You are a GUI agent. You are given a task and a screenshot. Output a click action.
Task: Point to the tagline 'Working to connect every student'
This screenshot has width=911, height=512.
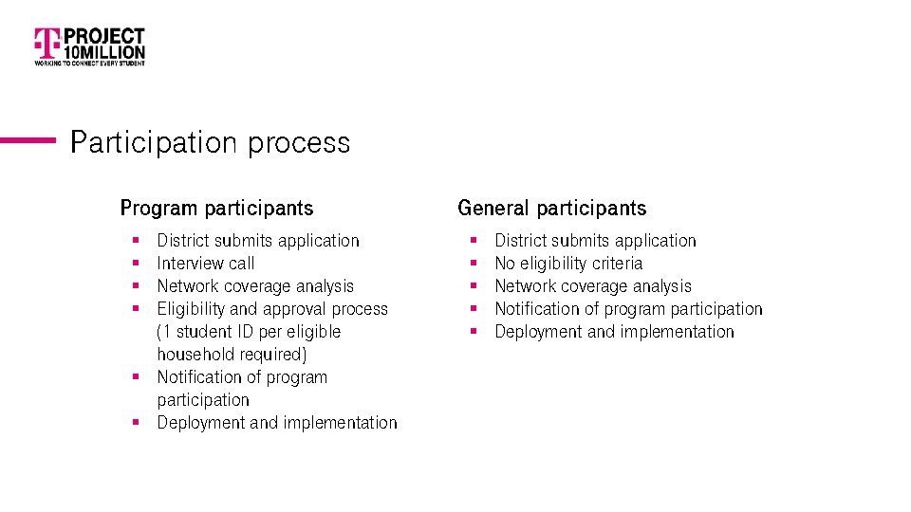[90, 64]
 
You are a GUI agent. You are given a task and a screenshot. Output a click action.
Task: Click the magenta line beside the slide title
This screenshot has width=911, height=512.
[28, 140]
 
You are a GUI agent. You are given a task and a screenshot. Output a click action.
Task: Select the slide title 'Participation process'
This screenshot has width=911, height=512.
[210, 142]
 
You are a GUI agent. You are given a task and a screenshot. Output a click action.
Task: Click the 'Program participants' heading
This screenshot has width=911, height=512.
[216, 208]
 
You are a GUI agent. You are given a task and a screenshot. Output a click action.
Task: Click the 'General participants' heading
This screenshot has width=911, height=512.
[551, 208]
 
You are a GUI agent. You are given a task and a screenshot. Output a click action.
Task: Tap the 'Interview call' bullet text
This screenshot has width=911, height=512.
[206, 264]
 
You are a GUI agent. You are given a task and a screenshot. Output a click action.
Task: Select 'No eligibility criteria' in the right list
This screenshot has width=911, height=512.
[568, 264]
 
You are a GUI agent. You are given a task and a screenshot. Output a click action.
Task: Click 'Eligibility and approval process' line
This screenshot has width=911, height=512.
[272, 309]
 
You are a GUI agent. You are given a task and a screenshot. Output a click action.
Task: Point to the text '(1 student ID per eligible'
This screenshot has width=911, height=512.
[249, 332]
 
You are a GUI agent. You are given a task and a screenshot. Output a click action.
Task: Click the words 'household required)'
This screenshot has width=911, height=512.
[232, 355]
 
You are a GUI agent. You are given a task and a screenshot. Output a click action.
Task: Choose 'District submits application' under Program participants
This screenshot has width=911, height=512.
[258, 241]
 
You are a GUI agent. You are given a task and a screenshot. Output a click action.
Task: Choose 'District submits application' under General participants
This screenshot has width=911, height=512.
[595, 241]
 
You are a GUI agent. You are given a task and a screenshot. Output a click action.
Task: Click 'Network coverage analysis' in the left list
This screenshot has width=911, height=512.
[255, 286]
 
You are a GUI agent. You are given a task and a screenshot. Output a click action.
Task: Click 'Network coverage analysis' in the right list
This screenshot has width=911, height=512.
[593, 286]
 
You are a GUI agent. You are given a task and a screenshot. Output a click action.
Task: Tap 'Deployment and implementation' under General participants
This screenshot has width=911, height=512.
[614, 332]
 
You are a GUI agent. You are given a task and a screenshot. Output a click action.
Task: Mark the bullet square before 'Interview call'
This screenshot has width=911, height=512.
[137, 264]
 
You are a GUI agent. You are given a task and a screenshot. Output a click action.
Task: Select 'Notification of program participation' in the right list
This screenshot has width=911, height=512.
[628, 309]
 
